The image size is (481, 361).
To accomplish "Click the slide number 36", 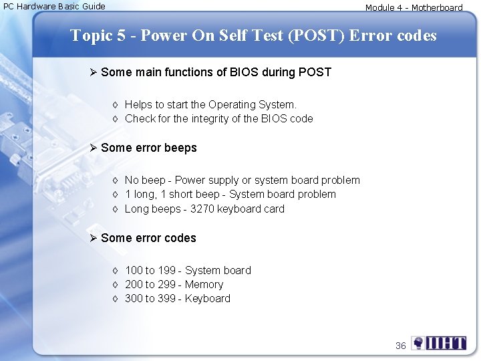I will tap(401, 346).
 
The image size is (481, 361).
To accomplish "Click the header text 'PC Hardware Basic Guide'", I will tap(54, 7).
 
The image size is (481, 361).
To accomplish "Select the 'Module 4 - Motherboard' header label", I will tap(414, 8).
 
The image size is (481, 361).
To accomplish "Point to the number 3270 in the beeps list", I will tap(202, 209).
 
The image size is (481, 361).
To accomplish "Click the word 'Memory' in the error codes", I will tap(204, 285).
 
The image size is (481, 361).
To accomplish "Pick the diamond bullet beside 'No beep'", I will tap(115, 180).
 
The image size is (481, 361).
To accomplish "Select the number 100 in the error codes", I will tap(134, 271).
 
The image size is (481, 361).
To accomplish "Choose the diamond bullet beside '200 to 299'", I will tap(115, 285).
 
